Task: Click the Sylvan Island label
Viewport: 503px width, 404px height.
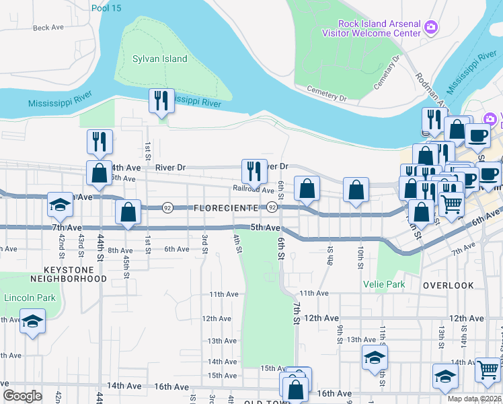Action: point(160,59)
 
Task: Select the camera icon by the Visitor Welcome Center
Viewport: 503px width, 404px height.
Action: point(430,28)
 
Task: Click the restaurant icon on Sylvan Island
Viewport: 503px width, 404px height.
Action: point(161,101)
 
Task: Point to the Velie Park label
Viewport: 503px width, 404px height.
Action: point(385,284)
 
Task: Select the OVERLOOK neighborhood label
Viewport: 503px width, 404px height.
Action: point(449,285)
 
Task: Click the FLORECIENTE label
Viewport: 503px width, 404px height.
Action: point(226,209)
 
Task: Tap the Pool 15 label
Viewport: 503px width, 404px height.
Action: point(107,8)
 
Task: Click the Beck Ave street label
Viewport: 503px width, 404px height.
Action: point(48,28)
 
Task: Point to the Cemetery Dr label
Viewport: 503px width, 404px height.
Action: point(327,93)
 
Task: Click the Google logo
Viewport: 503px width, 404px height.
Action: point(22,395)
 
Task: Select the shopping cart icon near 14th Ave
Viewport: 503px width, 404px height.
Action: point(488,368)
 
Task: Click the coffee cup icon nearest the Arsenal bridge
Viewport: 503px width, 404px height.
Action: point(477,135)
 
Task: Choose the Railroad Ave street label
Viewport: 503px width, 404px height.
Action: point(254,191)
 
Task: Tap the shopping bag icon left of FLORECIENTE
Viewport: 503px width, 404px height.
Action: point(128,212)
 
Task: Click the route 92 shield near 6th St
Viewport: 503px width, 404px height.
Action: point(272,208)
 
